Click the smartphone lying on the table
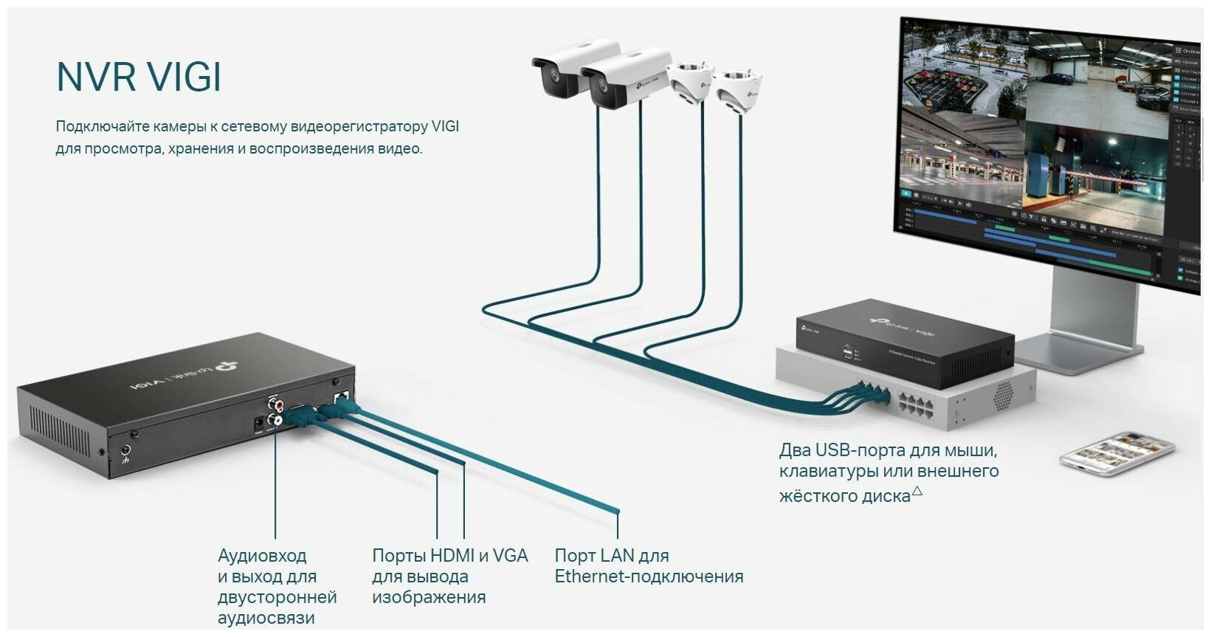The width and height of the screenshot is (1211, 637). (x=1116, y=453)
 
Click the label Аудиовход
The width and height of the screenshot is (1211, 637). (x=262, y=556)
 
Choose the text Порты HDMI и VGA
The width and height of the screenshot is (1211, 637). (x=449, y=556)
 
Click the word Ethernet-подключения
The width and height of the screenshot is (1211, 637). (x=649, y=576)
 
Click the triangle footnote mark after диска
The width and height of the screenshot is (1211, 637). (x=917, y=490)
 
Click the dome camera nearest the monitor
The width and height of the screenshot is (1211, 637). (x=740, y=88)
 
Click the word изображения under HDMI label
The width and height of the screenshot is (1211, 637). (x=428, y=597)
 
